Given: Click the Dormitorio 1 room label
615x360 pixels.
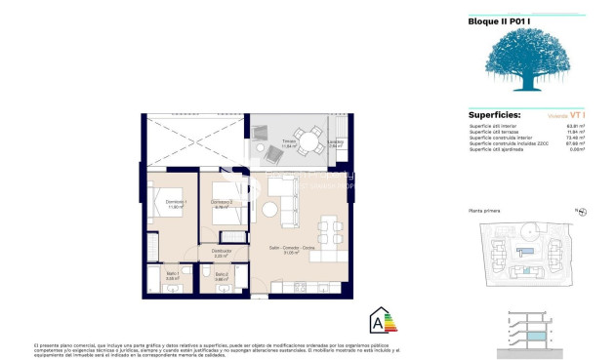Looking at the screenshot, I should [175, 203].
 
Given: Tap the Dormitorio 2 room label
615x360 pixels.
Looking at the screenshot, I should [222, 203].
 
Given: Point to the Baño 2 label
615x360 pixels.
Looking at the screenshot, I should [221, 275].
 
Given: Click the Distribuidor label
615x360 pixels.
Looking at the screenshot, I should [223, 252].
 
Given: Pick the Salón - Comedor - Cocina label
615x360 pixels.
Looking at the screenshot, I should [292, 251].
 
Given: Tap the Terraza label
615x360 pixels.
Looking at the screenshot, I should [289, 140].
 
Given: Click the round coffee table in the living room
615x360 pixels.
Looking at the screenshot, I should [268, 210].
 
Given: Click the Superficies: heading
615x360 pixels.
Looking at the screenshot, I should [494, 114].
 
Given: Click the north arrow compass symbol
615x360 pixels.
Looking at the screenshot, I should [579, 210].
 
